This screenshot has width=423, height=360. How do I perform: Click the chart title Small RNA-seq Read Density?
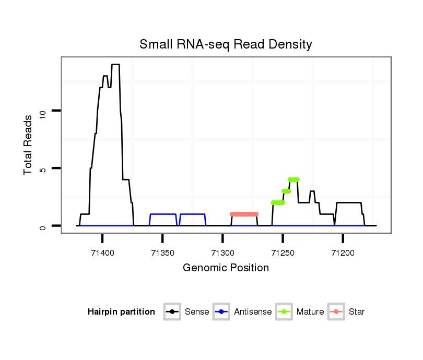(x=226, y=44)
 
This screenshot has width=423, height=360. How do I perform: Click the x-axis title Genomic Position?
(x=226, y=268)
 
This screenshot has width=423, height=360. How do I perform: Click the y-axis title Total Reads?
(x=29, y=145)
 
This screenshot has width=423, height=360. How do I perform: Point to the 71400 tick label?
(x=102, y=253)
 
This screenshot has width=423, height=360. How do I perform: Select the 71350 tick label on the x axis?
(x=162, y=253)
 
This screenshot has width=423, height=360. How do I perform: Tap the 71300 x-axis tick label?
(x=222, y=253)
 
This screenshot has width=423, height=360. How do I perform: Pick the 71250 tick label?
(x=283, y=253)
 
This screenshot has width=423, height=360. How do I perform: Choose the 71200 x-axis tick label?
(x=343, y=253)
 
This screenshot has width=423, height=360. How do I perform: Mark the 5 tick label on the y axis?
(x=43, y=169)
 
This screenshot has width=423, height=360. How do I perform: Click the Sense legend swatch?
(x=172, y=312)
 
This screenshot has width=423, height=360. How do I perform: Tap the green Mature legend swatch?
(x=284, y=312)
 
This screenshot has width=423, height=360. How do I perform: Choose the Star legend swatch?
(x=336, y=312)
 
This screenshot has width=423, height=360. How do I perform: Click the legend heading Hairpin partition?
(x=121, y=312)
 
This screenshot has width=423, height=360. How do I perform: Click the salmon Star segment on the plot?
(x=244, y=214)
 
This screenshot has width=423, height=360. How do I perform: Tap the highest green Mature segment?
(x=293, y=179)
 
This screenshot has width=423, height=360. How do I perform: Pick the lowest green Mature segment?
(x=278, y=202)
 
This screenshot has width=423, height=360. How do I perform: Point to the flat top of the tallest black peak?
(x=115, y=65)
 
